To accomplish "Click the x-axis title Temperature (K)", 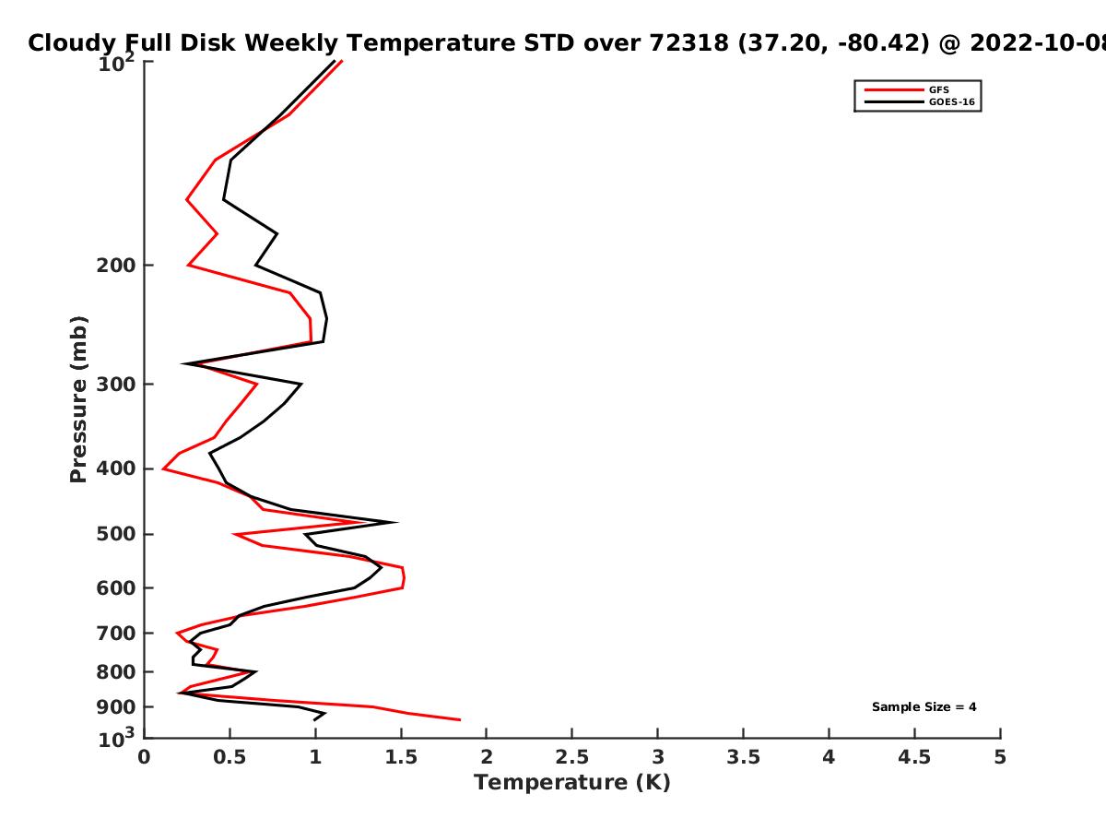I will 571,783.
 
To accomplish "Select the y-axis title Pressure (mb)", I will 78,399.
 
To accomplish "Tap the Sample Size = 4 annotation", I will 924,707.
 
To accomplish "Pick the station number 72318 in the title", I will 700,43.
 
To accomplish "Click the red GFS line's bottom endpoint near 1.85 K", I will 459,719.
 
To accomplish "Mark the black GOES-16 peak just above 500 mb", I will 396,522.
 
